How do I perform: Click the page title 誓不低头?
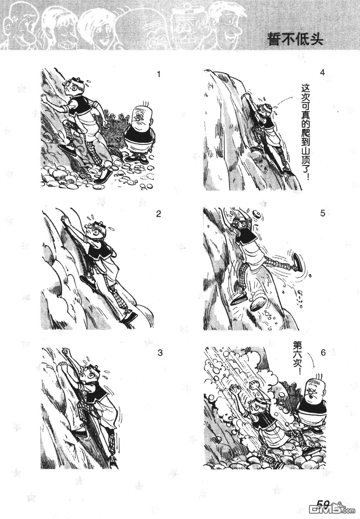tap(295, 40)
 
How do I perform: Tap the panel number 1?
tap(159, 74)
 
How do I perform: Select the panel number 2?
tap(158, 214)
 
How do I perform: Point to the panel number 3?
tap(160, 353)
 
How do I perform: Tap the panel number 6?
tap(323, 352)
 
